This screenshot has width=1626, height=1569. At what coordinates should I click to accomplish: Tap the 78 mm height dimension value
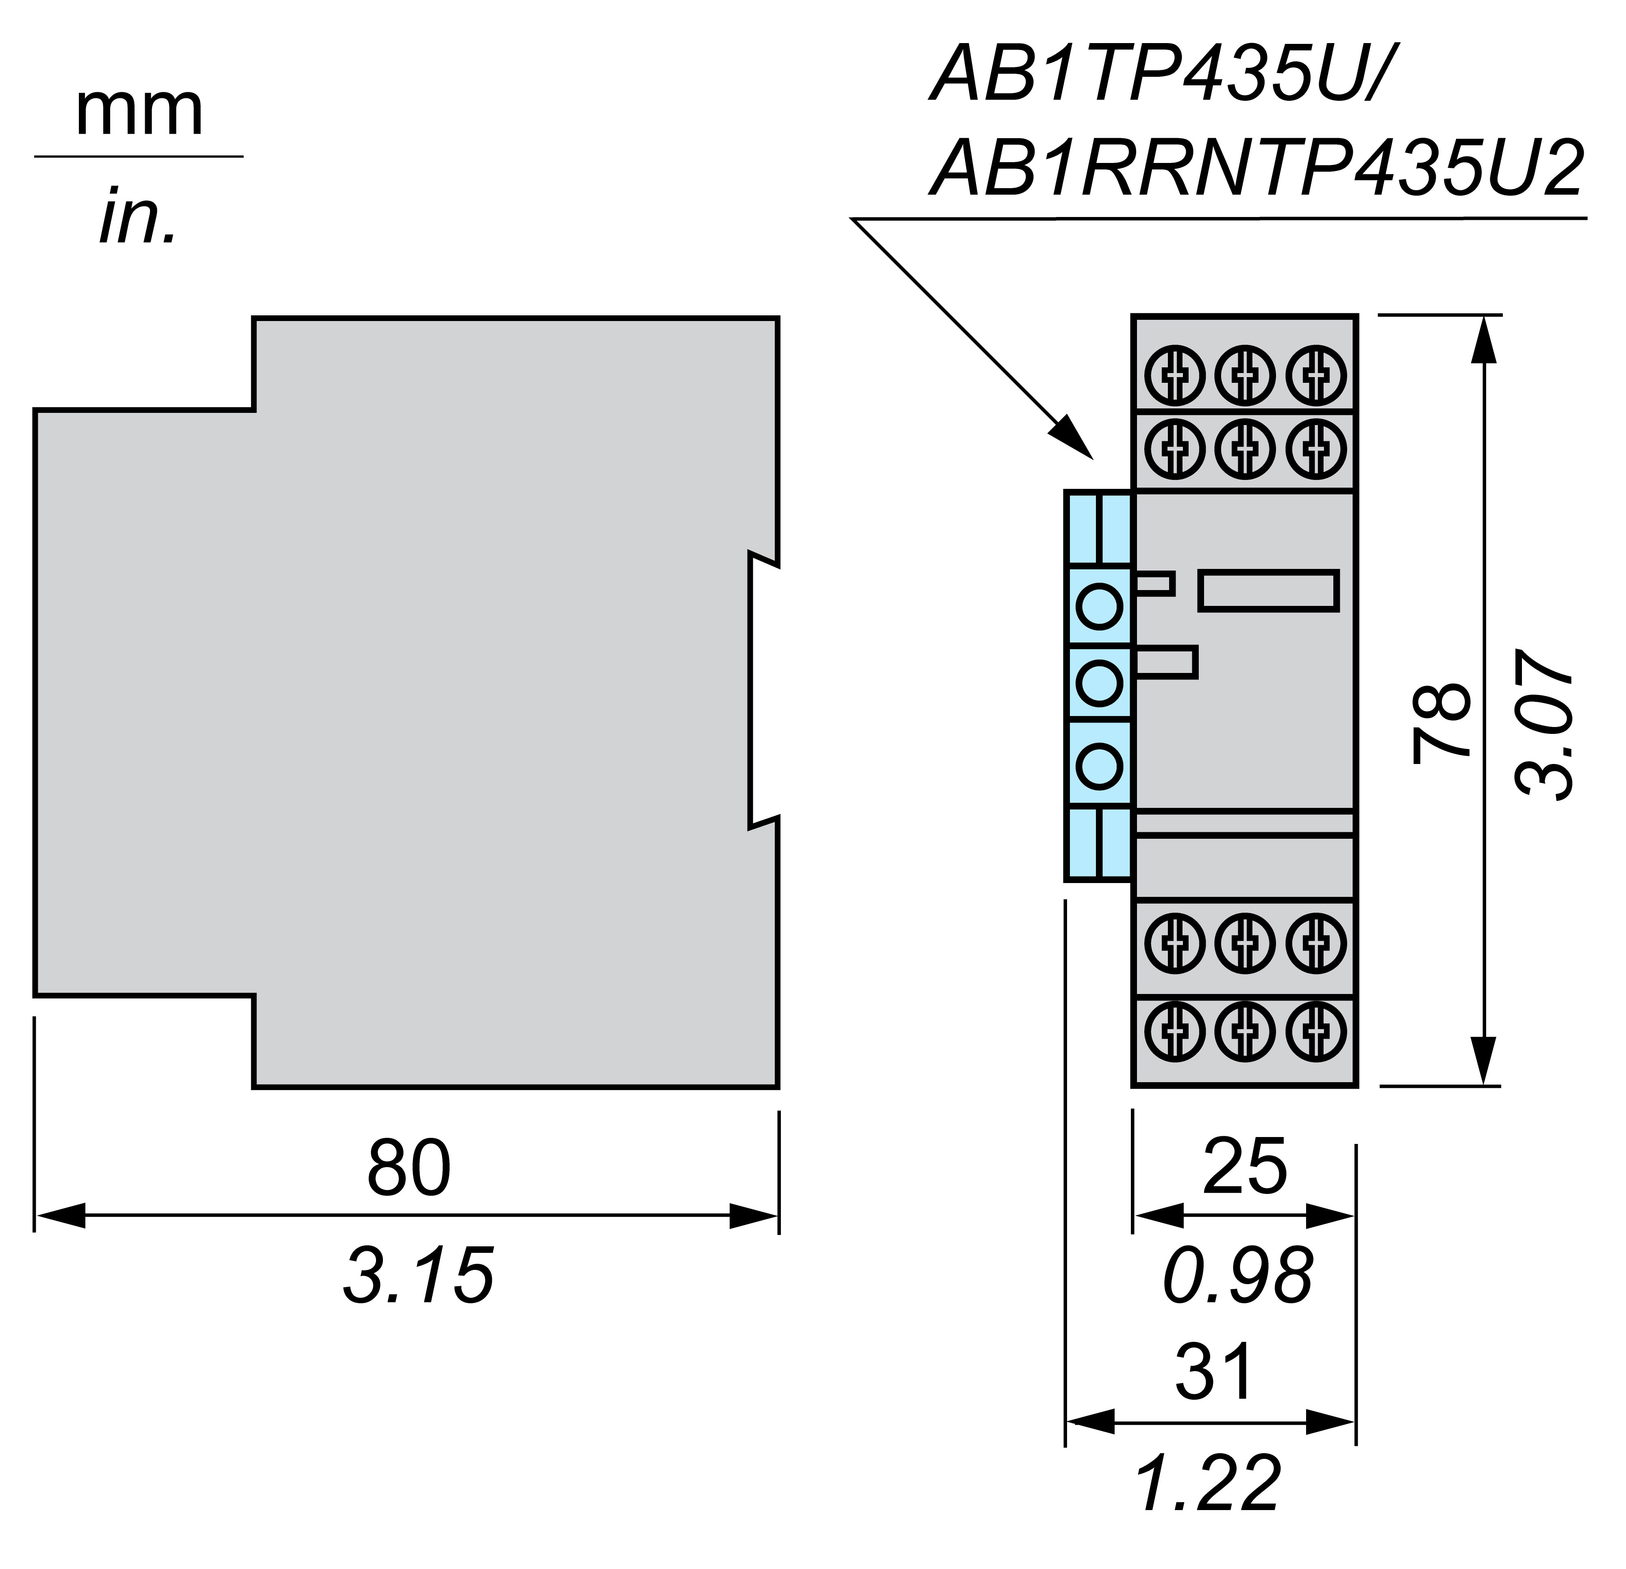[1442, 721]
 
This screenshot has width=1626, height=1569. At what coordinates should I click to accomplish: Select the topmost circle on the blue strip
[1099, 606]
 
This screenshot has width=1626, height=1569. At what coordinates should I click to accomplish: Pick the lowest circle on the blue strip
[1099, 766]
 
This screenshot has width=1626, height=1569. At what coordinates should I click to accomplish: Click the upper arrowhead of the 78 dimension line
[1483, 340]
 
